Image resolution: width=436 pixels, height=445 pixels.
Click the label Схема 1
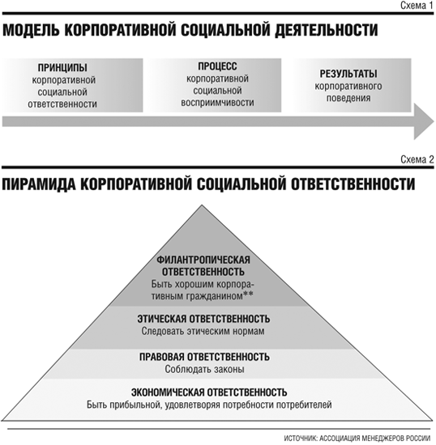417,5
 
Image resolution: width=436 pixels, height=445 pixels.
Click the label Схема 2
417,159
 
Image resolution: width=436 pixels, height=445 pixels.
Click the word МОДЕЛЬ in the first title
31,30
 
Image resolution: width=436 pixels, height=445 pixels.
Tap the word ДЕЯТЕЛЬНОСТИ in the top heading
326,30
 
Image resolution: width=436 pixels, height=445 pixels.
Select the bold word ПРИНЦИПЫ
62,68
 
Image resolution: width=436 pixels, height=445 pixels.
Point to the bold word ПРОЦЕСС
217,66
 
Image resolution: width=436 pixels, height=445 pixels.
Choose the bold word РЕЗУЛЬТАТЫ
348,74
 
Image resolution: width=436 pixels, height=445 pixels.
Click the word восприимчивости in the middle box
217,103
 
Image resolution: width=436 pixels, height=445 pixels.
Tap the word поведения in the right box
348,98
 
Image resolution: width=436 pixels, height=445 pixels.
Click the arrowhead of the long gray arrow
424,121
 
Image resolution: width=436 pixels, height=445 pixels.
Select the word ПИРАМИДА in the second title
39,184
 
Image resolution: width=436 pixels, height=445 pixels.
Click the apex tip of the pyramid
202,206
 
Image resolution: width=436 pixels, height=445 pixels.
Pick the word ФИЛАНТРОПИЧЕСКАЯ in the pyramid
203,260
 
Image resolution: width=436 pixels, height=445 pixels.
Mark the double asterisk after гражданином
248,295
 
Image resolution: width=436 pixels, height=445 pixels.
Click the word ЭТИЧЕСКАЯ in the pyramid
162,319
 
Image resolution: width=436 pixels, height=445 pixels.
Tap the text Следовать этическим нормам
203,331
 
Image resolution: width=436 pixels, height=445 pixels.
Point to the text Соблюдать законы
204,369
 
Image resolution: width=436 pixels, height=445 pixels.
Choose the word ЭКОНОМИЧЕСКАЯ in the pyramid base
168,392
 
